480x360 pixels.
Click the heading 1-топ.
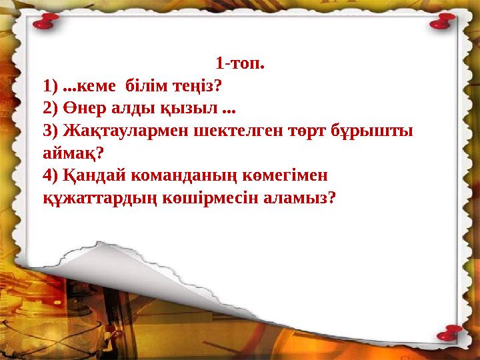point(240,65)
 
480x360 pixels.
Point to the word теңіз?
point(198,86)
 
